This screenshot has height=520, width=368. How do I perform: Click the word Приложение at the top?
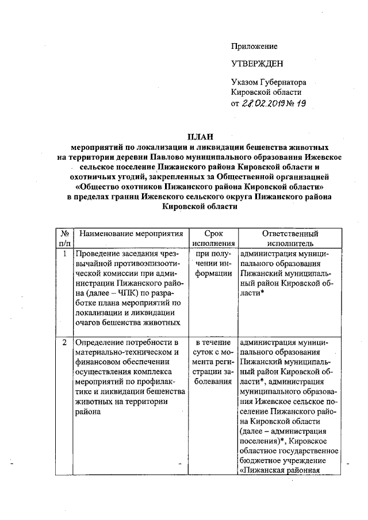[x=254, y=45]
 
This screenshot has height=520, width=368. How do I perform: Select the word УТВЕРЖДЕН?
[x=257, y=63]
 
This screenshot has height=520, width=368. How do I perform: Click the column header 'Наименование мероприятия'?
[x=131, y=234]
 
